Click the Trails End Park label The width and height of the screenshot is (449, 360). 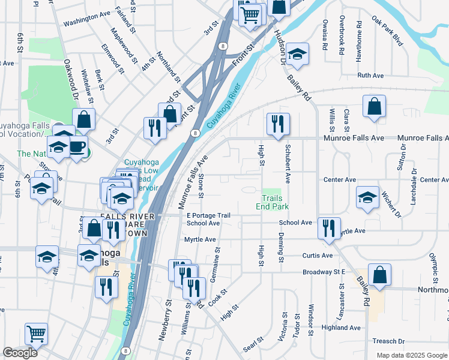(x=275, y=202)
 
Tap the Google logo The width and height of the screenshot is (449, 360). (x=20, y=353)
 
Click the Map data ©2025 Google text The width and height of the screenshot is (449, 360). (x=411, y=355)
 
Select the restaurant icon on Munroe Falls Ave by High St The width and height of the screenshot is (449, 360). (x=278, y=125)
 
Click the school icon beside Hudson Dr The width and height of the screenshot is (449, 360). (x=297, y=55)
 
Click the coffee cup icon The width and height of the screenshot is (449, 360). (x=77, y=147)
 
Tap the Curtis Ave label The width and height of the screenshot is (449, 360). (x=318, y=256)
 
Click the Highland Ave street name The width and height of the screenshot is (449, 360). (x=341, y=328)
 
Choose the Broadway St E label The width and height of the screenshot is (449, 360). (x=323, y=272)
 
